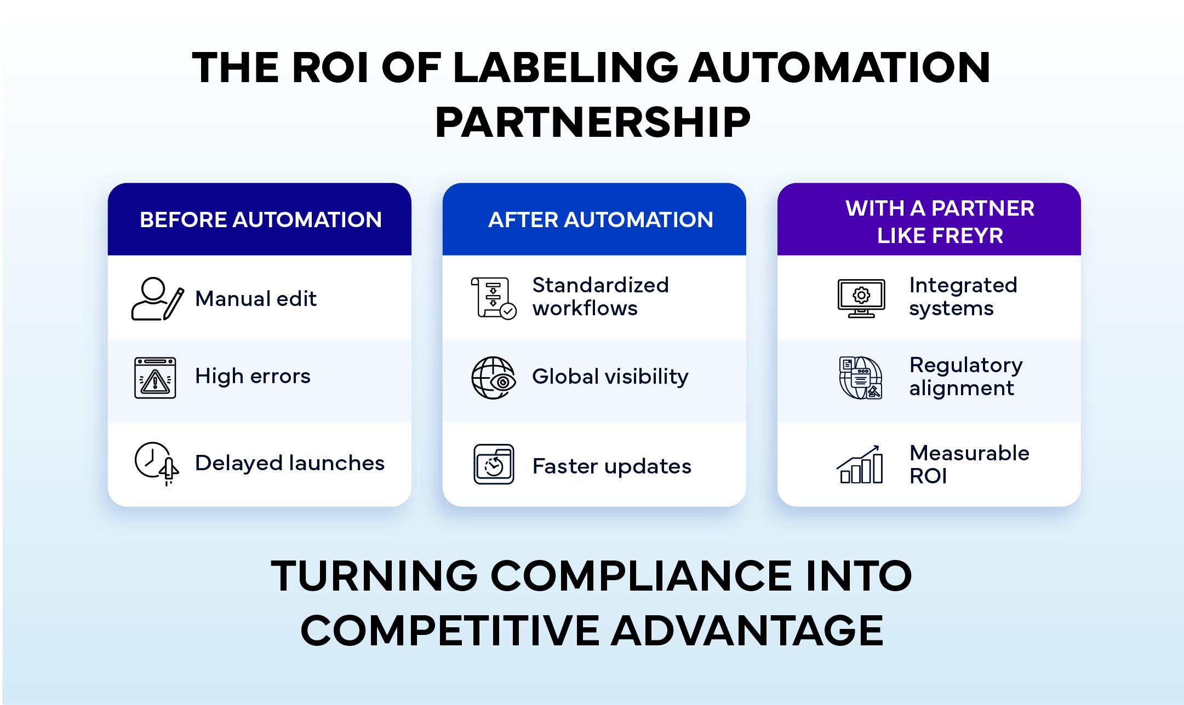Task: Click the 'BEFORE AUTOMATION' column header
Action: point(260,220)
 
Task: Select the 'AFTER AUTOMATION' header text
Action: point(600,220)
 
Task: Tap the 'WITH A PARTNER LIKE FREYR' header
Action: point(940,222)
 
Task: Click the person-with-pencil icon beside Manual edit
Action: point(157,299)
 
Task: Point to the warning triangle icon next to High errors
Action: point(155,378)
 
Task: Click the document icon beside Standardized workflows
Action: point(493,298)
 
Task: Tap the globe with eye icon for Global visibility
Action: point(493,378)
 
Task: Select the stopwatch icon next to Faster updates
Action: point(494,465)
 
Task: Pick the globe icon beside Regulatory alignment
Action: point(861,378)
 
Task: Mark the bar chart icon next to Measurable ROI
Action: point(860,465)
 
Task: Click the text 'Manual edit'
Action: point(256,299)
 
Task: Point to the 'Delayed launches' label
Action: point(289,463)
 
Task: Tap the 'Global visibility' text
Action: point(610,377)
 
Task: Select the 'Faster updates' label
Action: point(611,466)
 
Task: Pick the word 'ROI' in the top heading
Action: point(330,68)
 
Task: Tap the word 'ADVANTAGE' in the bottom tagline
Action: point(747,631)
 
